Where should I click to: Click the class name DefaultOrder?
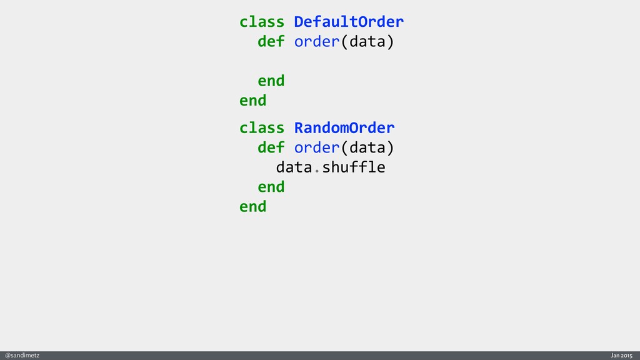tap(349, 22)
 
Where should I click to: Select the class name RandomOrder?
tap(344, 128)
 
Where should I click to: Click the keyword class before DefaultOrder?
tap(262, 22)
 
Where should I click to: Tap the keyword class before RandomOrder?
tap(262, 128)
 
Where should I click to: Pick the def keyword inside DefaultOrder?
tap(271, 42)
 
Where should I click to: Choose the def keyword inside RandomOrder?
tap(271, 148)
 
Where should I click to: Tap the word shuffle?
tap(353, 167)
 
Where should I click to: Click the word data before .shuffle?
tap(294, 167)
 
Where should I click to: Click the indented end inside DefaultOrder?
tap(271, 81)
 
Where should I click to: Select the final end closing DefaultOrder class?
tap(252, 101)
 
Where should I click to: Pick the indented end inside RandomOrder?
tap(271, 187)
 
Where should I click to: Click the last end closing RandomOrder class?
tap(252, 206)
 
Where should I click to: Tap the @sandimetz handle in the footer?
tap(22, 355)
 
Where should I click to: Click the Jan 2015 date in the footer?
tap(622, 355)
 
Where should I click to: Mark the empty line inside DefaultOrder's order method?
tap(312, 62)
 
